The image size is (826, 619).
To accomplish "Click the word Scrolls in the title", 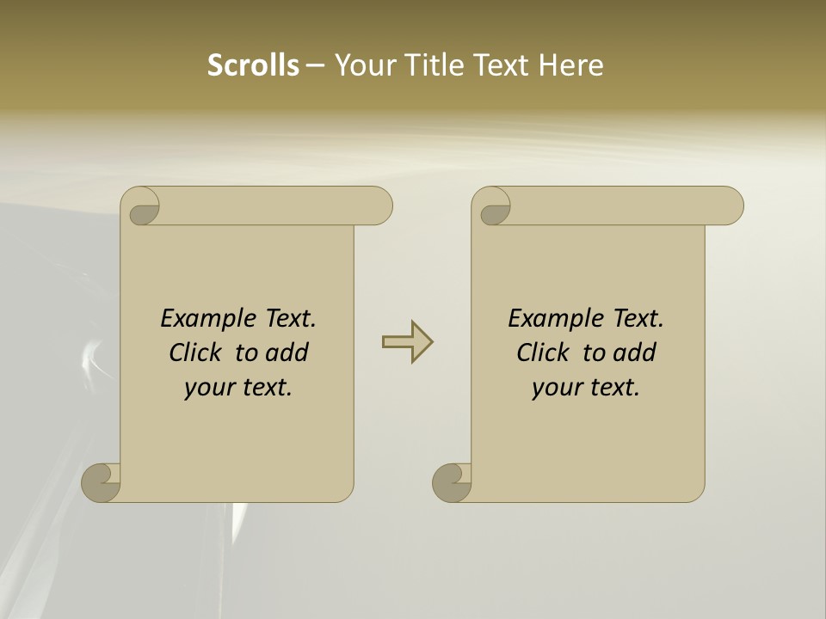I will pos(253,65).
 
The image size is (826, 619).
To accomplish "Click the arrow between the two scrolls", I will pos(407,342).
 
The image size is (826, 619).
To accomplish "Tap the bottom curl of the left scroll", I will pos(102,482).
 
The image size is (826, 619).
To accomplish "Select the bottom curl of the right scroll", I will pos(452,482).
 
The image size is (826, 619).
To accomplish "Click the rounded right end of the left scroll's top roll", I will pos(379,206).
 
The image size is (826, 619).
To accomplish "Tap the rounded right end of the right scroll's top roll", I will pos(730,206).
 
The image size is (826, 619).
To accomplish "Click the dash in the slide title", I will pos(316,65).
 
